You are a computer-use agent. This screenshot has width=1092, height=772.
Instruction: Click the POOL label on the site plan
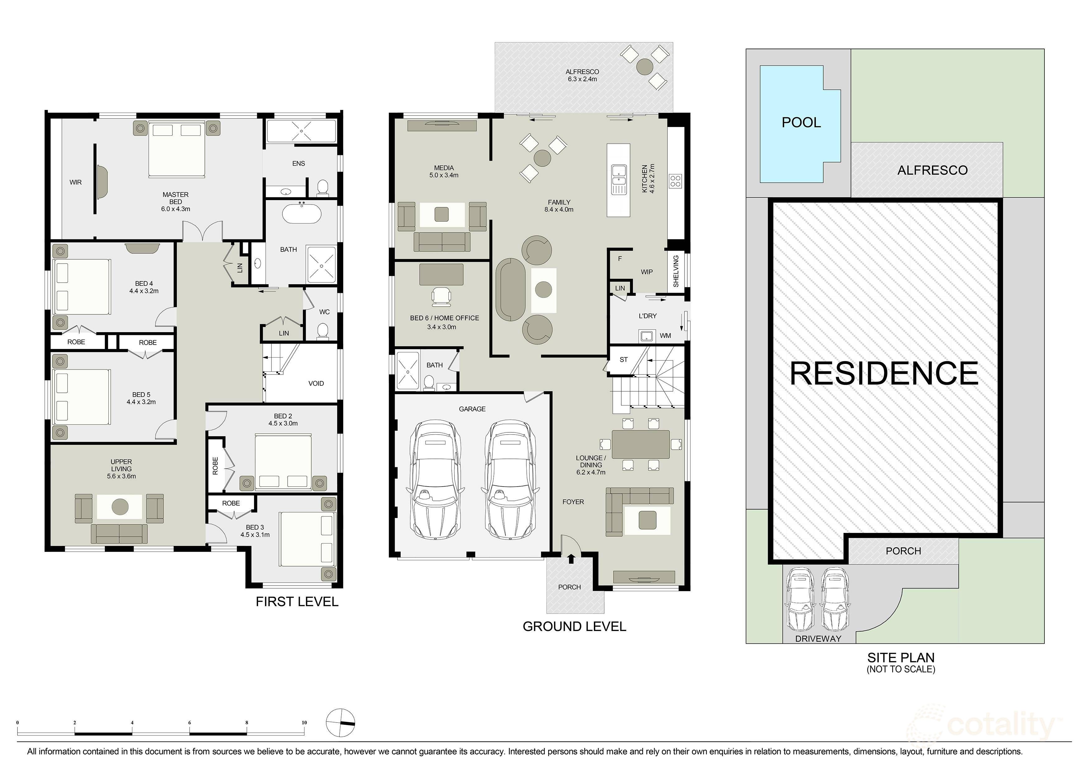tap(801, 122)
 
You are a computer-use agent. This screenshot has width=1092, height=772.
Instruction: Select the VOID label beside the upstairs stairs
tap(316, 384)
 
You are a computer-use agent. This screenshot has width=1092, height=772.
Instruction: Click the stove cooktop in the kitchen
tap(675, 181)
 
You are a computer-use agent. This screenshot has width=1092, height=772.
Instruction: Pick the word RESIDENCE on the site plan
tap(884, 374)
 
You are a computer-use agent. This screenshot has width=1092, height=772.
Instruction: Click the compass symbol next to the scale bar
tap(341, 723)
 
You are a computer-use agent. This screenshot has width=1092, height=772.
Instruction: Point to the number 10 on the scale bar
tap(304, 723)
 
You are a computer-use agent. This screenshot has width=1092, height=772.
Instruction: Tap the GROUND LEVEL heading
tap(574, 626)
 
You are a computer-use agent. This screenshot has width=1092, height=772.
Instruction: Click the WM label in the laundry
tap(665, 336)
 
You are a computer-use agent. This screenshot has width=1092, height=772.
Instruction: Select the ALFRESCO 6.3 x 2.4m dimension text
tap(582, 79)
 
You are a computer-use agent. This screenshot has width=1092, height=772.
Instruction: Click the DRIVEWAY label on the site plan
tap(818, 639)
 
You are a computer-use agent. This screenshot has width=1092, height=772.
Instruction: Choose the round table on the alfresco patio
tap(645, 66)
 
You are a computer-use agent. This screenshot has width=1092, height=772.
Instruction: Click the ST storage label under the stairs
tap(624, 360)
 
